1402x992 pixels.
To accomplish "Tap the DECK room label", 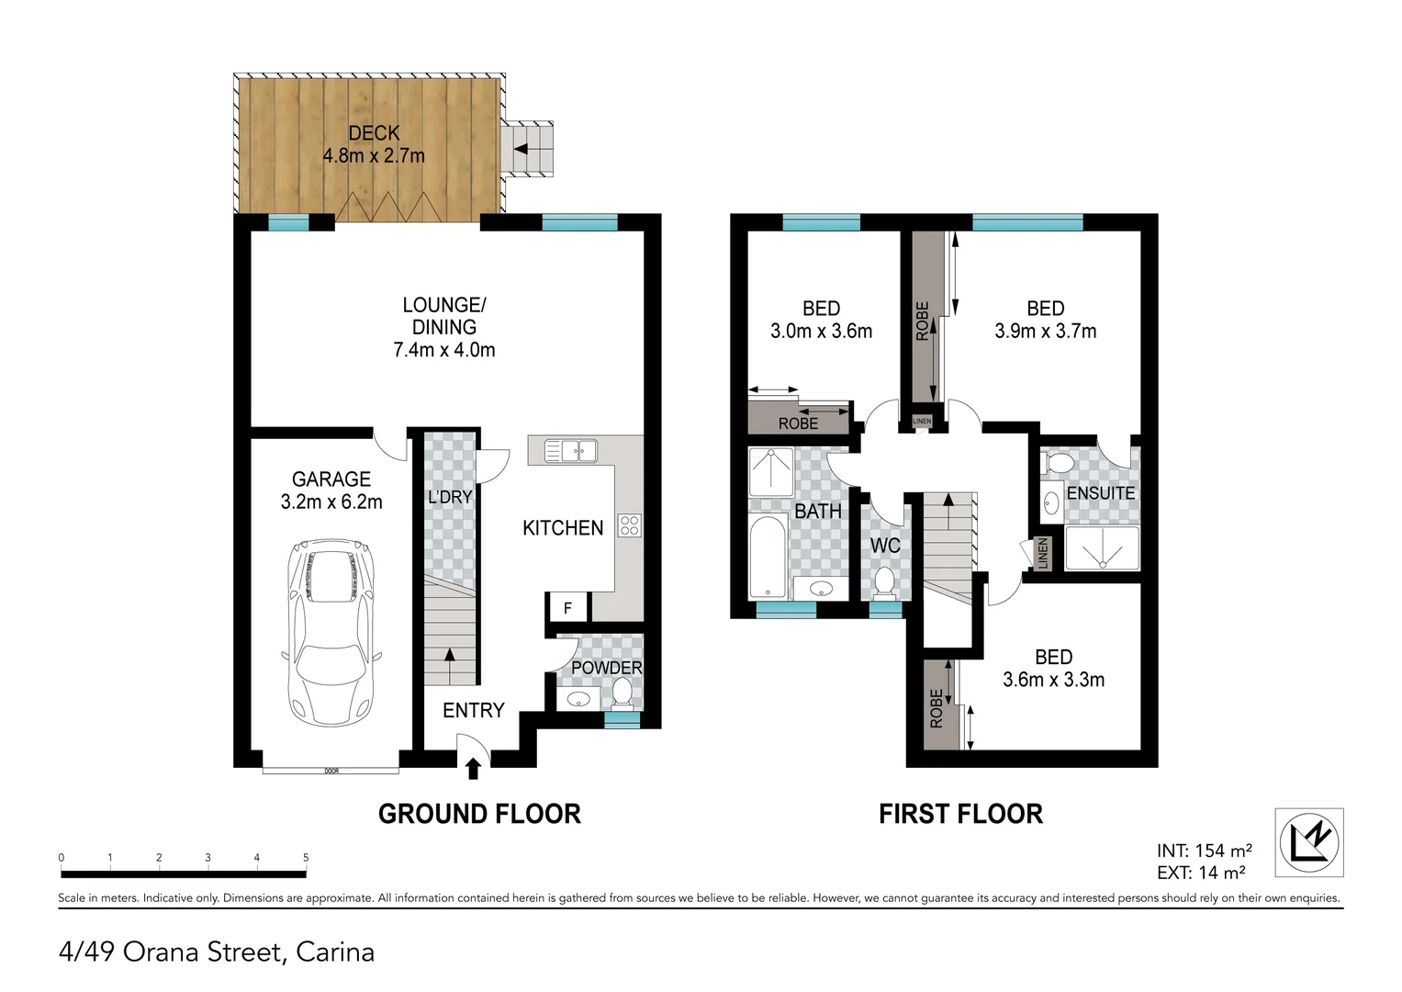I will [374, 134].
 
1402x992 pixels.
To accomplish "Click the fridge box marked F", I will [567, 607].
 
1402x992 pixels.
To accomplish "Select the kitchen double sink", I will [570, 450].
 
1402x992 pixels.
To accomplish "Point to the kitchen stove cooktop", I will [630, 525].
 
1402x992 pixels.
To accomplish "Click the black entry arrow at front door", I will [474, 768].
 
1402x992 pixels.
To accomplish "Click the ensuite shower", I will [1102, 548].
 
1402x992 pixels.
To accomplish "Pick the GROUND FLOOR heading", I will [479, 814].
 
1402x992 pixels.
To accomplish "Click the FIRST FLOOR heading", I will [960, 814].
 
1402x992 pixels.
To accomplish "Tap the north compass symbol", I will [1308, 841].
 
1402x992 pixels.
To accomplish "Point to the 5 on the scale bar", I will [306, 858].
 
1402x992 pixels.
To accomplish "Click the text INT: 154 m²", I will [1204, 851].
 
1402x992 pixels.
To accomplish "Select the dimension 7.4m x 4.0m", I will [443, 350].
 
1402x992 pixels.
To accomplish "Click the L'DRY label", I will [450, 497].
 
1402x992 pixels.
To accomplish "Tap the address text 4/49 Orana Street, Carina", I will [217, 952].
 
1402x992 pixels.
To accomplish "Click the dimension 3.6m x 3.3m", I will [1053, 681].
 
